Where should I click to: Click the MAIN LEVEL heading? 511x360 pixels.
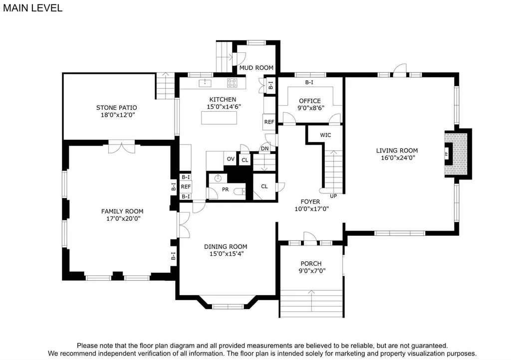tap(32, 8)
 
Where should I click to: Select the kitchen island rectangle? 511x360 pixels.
tap(219, 118)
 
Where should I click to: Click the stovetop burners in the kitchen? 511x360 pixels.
tap(232, 83)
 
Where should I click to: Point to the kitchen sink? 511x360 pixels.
tap(205, 83)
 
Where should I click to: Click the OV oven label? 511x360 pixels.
tap(231, 159)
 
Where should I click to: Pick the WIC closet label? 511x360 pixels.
tap(325, 135)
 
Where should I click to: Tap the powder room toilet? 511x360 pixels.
tap(240, 191)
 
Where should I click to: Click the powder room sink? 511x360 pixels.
tap(218, 179)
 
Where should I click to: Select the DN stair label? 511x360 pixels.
tap(265, 149)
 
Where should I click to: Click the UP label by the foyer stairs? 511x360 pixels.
tap(333, 196)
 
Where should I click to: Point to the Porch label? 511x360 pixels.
tap(311, 264)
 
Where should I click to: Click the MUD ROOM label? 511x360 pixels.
tap(256, 68)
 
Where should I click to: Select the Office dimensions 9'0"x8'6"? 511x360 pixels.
tap(311, 108)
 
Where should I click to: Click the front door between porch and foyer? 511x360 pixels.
tap(310, 239)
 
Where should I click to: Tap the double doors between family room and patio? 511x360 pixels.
tap(122, 147)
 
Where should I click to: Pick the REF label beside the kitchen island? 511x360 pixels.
tap(269, 122)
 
